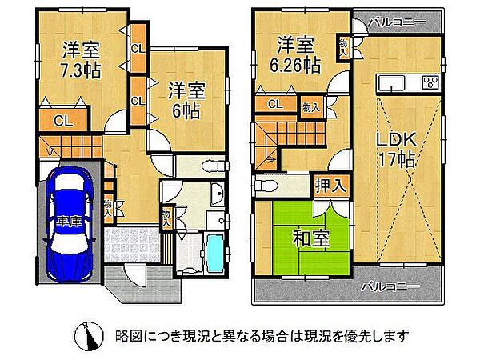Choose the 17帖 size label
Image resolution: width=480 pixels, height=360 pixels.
[x=396, y=159]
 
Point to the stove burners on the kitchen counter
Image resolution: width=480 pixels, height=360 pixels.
[x=428, y=82]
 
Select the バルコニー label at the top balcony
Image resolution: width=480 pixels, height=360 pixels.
[x=393, y=22]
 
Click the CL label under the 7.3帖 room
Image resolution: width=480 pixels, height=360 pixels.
[x=61, y=121]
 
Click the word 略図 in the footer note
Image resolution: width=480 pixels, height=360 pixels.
[x=129, y=335]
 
